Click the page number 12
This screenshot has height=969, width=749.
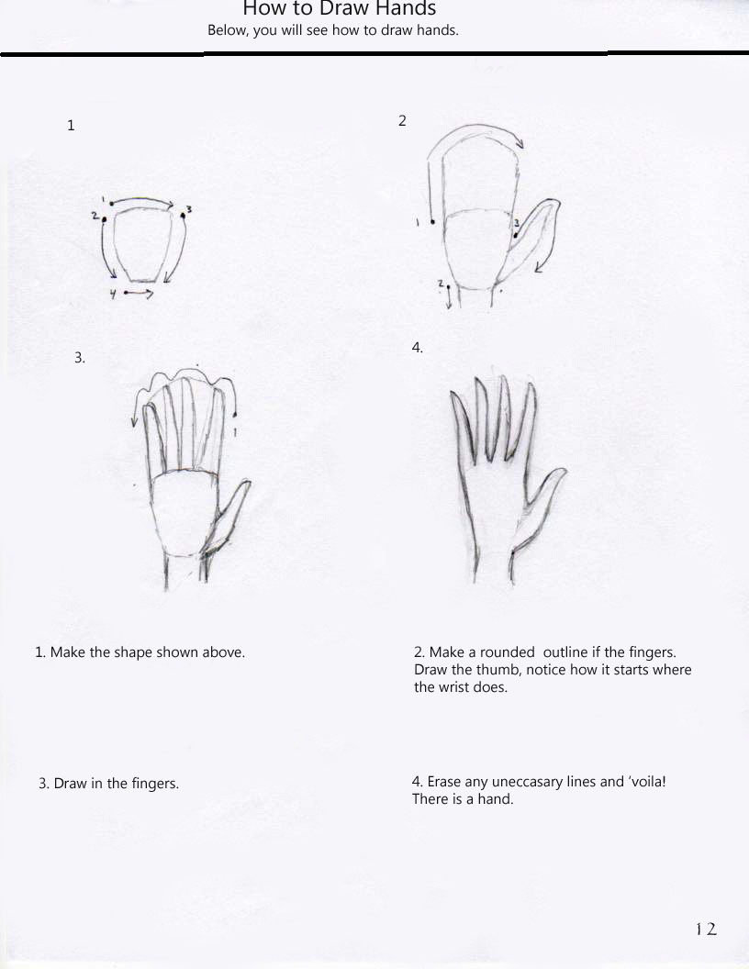705,930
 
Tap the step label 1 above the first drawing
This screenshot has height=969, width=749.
71,126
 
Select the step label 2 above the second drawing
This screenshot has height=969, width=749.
402,120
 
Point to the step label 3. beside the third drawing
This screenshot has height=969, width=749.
80,358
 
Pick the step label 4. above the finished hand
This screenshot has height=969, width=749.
417,348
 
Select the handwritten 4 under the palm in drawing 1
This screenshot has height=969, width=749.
112,294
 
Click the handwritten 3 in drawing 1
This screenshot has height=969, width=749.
188,210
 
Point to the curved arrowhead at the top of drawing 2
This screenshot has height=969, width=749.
519,142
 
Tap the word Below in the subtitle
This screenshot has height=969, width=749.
225,30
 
